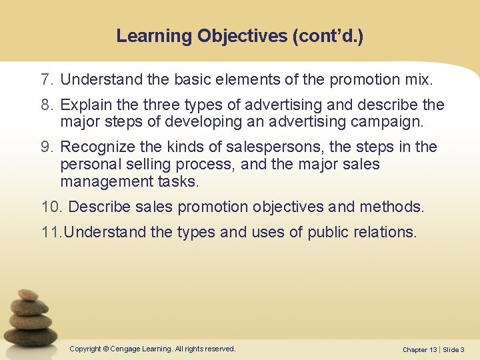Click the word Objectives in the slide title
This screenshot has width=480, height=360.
click(x=241, y=36)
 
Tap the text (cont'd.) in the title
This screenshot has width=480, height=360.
click(x=327, y=36)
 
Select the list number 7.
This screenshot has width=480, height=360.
click(x=46, y=81)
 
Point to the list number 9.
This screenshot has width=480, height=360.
click(x=46, y=147)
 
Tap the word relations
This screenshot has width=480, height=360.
click(x=383, y=232)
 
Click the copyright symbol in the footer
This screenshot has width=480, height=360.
click(x=107, y=349)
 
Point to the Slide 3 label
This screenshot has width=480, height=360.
click(x=453, y=350)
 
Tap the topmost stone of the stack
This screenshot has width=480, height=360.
click(x=28, y=295)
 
